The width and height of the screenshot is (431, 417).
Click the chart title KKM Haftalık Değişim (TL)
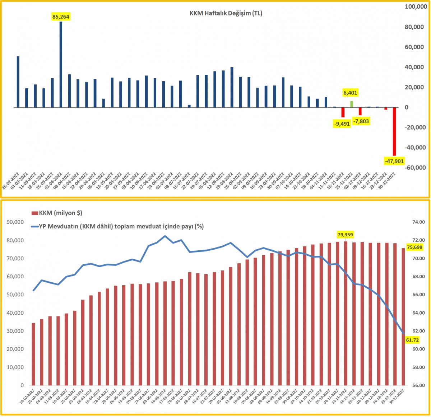(x=226, y=13)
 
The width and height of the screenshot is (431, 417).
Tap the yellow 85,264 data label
(x=61, y=17)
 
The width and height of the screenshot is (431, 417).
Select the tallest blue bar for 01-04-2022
(x=61, y=65)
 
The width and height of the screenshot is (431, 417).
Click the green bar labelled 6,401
(x=352, y=104)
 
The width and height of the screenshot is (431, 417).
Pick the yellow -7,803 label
(x=361, y=121)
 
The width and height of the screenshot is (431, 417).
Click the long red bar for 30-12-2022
(x=394, y=131)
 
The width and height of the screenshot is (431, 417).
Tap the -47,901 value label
(x=394, y=161)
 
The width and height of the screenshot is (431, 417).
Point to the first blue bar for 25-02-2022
(x=18, y=82)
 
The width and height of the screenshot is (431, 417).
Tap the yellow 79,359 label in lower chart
(x=345, y=235)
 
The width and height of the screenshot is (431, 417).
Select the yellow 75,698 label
(x=414, y=247)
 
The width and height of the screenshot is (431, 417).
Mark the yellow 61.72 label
(x=412, y=340)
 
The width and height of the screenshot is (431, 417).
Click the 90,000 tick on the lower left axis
(x=15, y=222)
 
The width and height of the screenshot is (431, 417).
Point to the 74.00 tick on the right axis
(x=415, y=222)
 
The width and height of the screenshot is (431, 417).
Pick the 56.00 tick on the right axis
(x=415, y=385)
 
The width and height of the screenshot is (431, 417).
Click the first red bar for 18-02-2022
(x=33, y=354)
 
